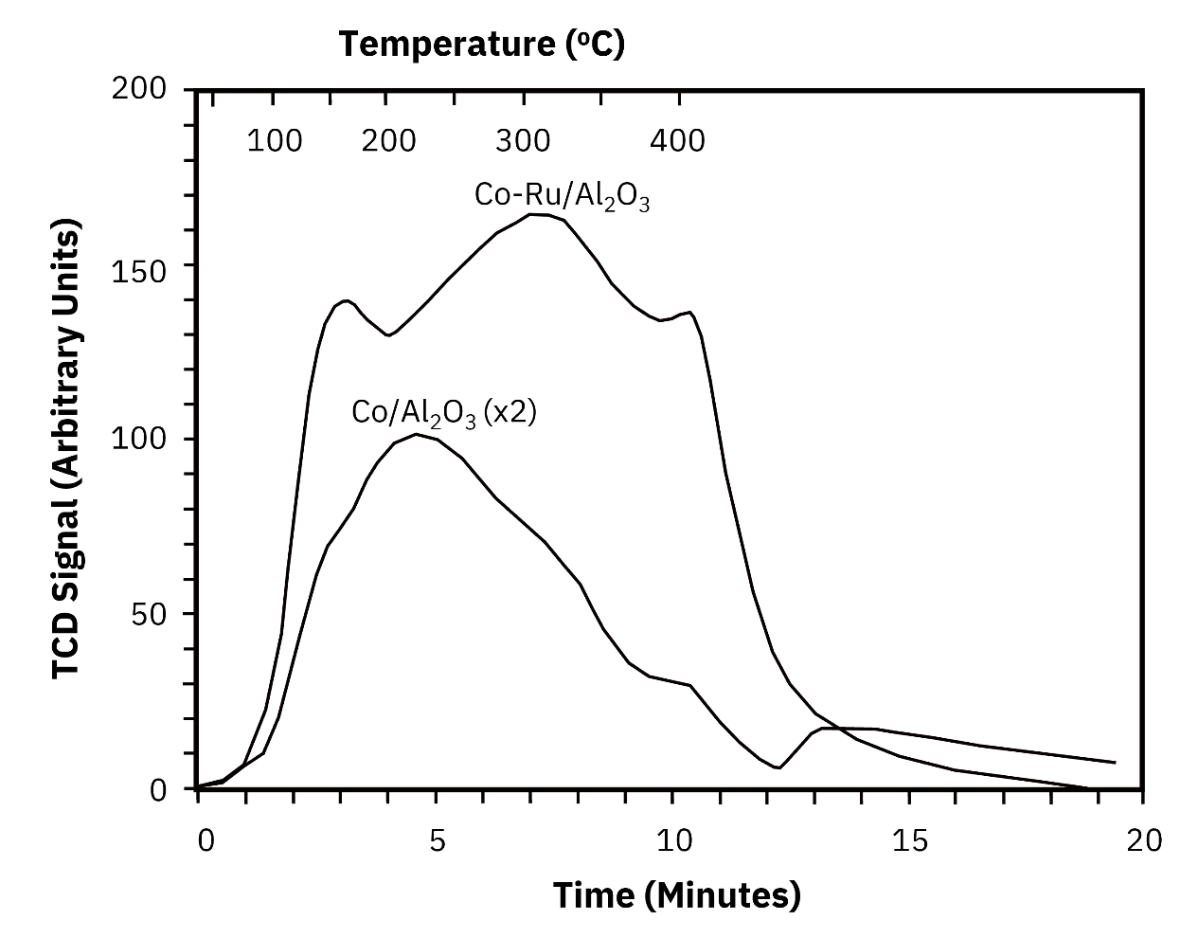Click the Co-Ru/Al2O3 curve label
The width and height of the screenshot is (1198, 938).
pos(562,196)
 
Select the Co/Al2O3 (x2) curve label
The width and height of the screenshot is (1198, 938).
pos(444,413)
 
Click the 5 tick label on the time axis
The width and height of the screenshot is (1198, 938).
pos(436,841)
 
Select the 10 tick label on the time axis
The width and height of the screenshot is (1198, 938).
pos(672,841)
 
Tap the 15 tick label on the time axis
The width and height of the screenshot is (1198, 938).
pos(909,841)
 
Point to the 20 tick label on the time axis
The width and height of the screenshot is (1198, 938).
pos(1144,841)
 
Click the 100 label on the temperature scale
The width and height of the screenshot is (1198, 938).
pos(275,141)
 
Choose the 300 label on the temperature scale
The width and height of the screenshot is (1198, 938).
pos(522,141)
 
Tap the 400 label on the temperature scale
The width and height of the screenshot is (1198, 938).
pos(677,141)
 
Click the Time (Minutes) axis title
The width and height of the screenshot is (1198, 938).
pos(676,894)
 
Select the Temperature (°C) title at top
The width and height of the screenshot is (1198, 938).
pos(482,44)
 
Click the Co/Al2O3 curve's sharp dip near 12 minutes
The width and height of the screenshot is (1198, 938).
pos(778,767)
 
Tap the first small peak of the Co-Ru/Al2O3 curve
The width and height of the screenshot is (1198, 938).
pos(346,301)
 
